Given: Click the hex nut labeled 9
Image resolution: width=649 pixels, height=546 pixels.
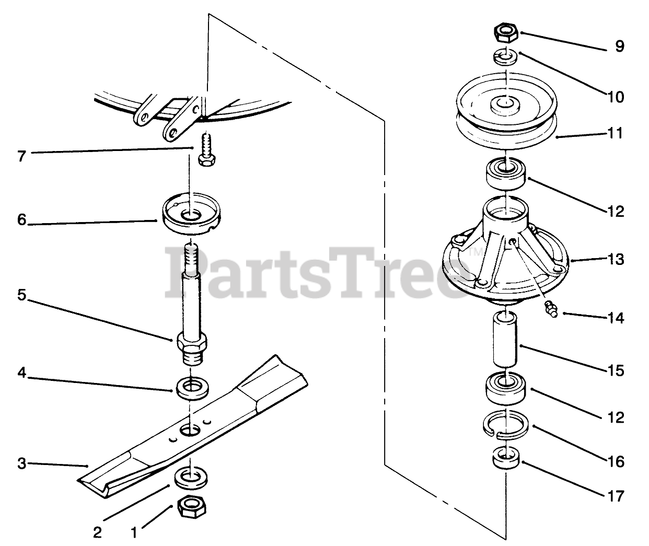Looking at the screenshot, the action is pos(506,33).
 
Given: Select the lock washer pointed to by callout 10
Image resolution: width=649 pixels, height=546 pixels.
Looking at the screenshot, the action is pos(506,58).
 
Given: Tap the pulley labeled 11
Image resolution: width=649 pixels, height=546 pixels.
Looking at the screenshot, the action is pos(506,111).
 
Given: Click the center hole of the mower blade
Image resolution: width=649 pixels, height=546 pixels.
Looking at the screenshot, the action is pos(191,431).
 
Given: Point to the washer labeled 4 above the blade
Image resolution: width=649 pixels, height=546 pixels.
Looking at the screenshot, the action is pos(192,389).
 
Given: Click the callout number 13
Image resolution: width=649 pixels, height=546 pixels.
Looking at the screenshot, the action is pos(615,259).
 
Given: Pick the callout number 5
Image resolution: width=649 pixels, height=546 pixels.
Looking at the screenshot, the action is pos(21,295).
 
